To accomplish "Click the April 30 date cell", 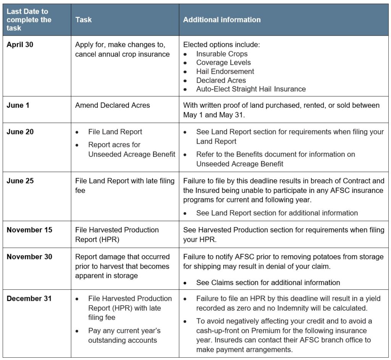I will [20, 45].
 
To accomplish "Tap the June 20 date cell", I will [20, 132].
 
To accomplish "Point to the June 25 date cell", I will [20, 181].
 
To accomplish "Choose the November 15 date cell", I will [29, 230].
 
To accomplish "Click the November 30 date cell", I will [29, 257].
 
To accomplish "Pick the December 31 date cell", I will [29, 298].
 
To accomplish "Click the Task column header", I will [83, 19].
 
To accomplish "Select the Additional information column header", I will [222, 19].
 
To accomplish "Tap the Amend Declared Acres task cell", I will [112, 105].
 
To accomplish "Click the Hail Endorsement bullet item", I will [225, 71].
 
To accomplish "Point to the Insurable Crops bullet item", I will [222, 54].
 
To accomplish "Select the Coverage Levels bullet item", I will [223, 63].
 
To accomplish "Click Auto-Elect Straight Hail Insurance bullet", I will [251, 89].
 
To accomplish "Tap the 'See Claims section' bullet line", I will [268, 283].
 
